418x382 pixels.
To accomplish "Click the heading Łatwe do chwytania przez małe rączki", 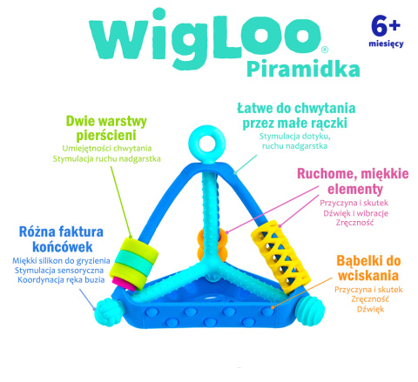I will point(292,116).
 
